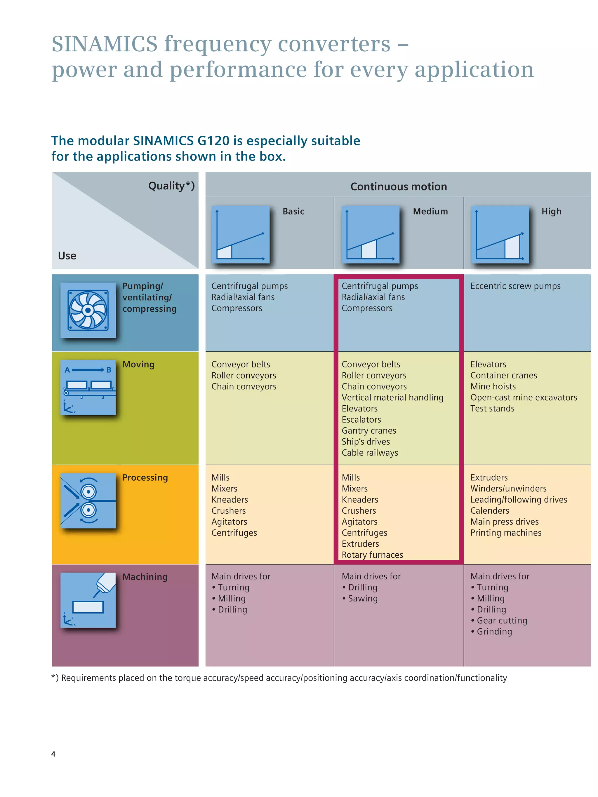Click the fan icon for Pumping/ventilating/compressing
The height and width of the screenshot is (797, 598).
click(88, 310)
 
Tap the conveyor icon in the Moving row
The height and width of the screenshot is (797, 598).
click(88, 387)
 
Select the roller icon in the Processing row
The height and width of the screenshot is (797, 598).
click(88, 500)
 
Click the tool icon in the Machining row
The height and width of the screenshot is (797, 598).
click(88, 600)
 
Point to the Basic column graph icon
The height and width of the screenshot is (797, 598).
click(240, 234)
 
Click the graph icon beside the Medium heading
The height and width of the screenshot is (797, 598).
click(371, 234)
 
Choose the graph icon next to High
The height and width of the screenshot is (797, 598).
click(500, 234)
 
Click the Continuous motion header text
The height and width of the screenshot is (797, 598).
click(398, 187)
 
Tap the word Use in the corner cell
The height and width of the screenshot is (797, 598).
click(67, 256)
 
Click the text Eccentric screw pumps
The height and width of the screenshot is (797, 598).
click(515, 286)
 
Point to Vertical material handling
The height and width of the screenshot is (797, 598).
click(392, 397)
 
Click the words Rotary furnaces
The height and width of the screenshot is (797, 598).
click(372, 555)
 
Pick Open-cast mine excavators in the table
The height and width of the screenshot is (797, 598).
click(523, 397)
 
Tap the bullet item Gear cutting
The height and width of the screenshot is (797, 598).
click(502, 620)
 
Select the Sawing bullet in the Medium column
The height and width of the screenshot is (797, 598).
click(363, 599)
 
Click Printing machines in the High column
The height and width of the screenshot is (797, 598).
click(506, 533)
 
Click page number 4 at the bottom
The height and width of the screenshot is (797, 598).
click(53, 754)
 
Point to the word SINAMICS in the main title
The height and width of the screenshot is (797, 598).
click(105, 44)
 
